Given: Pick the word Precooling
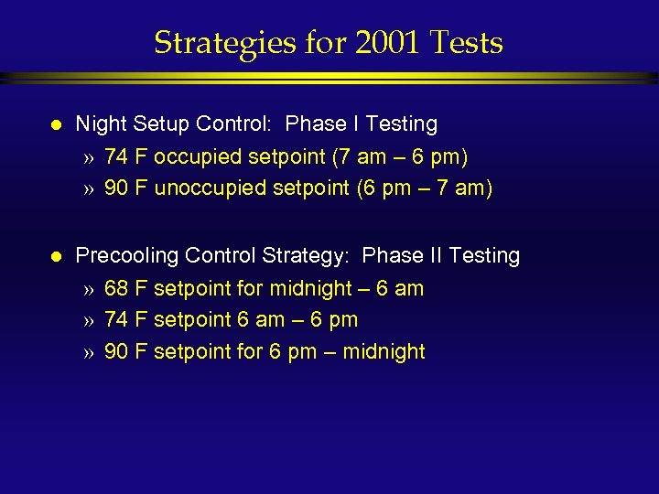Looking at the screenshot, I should point(127,256).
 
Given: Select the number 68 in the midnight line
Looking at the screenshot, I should point(116,289).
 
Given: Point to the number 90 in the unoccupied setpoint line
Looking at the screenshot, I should point(116,189).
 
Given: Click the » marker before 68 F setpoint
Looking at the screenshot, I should point(89,290).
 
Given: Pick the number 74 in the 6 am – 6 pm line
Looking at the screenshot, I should point(116,320).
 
